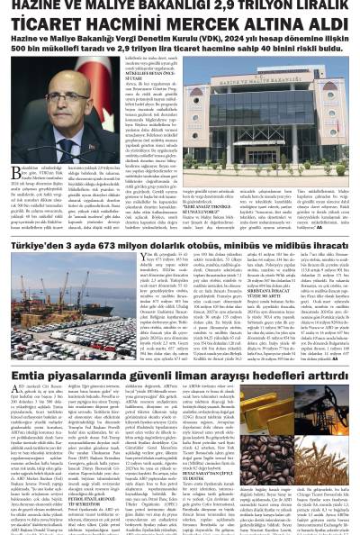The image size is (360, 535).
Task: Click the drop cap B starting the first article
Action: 14,174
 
